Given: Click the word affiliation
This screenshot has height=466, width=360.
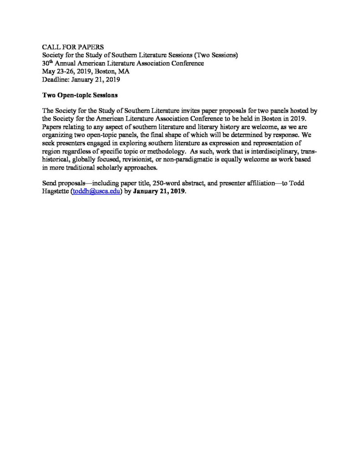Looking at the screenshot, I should click(x=252, y=183).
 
